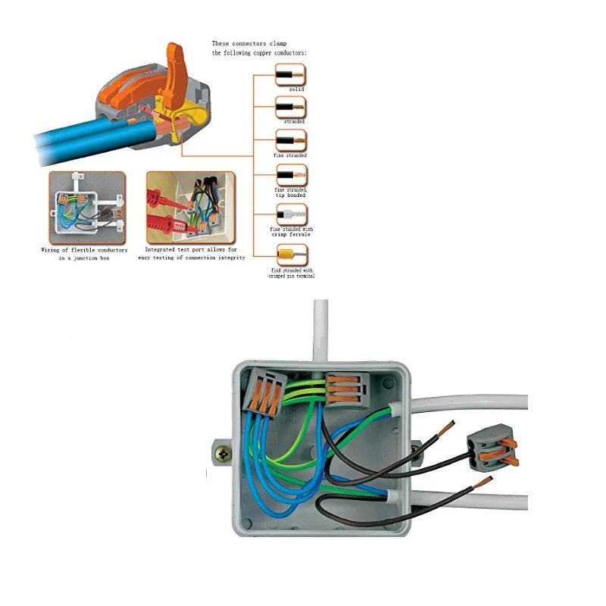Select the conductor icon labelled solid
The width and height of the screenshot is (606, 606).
tap(290, 76)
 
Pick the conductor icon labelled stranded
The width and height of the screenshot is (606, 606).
tap(290, 108)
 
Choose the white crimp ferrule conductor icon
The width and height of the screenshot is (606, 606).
tap(290, 213)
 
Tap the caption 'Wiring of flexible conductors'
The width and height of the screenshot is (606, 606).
tap(84, 250)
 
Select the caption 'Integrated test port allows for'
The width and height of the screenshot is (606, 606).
tap(191, 249)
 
